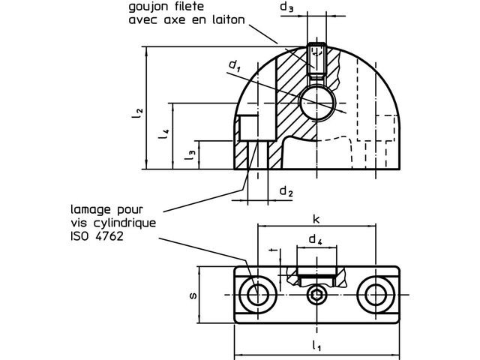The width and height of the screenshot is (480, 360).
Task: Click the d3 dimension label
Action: (286, 7)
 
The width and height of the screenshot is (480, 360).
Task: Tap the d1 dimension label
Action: (235, 65)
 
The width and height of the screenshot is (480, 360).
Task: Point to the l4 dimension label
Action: (164, 133)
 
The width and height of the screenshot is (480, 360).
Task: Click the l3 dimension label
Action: (190, 154)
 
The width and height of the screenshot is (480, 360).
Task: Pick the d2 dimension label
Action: (286, 191)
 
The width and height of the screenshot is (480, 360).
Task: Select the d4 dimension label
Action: (315, 239)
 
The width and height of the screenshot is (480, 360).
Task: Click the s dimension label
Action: (193, 295)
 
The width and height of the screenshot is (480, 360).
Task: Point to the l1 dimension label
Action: (316, 345)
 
